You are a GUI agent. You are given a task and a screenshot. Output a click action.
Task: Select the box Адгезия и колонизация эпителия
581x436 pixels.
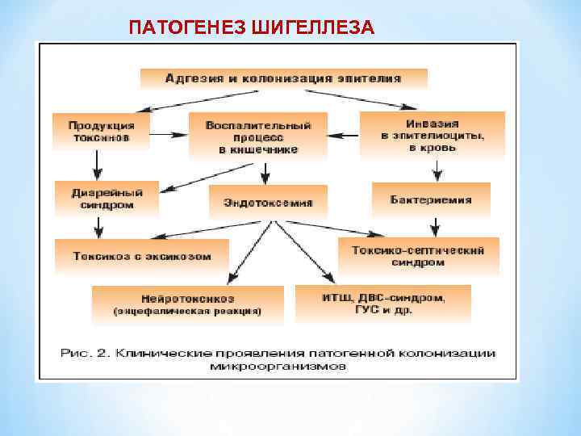click(x=283, y=79)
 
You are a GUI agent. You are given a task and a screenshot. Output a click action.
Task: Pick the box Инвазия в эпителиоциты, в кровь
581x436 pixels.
click(x=432, y=135)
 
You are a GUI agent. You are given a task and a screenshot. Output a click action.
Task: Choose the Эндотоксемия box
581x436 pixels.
click(x=263, y=202)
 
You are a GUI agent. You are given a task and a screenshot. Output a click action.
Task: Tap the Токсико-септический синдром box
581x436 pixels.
click(x=418, y=256)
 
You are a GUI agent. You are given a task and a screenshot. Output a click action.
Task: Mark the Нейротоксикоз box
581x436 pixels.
click(x=187, y=304)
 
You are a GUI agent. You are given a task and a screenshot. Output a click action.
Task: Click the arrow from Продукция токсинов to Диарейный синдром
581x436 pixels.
click(x=98, y=166)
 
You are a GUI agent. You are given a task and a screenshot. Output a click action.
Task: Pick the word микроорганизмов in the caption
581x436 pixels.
click(x=279, y=367)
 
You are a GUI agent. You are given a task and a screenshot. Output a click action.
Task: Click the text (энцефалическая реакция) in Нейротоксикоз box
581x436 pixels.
click(x=187, y=311)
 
